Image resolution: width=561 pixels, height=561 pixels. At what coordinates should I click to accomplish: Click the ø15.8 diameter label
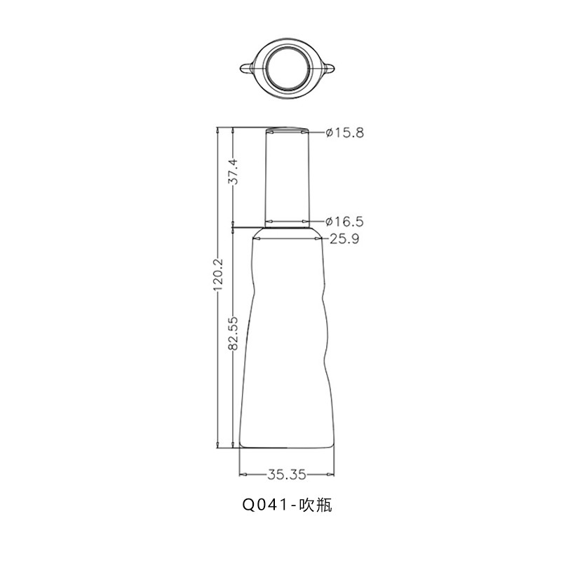tap(344, 133)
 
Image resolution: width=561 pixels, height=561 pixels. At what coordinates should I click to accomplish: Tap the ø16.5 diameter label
tap(344, 222)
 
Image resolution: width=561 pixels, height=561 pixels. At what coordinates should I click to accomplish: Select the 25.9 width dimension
tap(344, 238)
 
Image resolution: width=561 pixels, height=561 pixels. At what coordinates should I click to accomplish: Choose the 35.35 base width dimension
tap(287, 475)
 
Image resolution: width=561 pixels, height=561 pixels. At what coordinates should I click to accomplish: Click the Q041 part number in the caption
tap(265, 505)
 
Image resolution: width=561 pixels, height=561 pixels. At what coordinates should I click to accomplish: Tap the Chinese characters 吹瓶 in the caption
tap(316, 505)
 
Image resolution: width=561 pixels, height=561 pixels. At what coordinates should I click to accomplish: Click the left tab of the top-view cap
tap(247, 67)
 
